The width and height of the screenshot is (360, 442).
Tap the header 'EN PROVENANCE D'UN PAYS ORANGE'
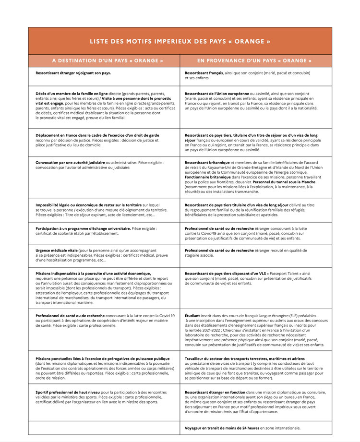[254, 61]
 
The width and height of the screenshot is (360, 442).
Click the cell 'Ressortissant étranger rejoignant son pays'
[73, 73]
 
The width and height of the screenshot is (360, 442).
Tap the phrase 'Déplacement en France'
[58, 135]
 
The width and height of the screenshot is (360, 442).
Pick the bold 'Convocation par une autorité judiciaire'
[70, 163]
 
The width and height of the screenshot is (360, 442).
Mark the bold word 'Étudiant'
[192, 315]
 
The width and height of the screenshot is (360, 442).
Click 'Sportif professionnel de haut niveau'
[68, 392]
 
